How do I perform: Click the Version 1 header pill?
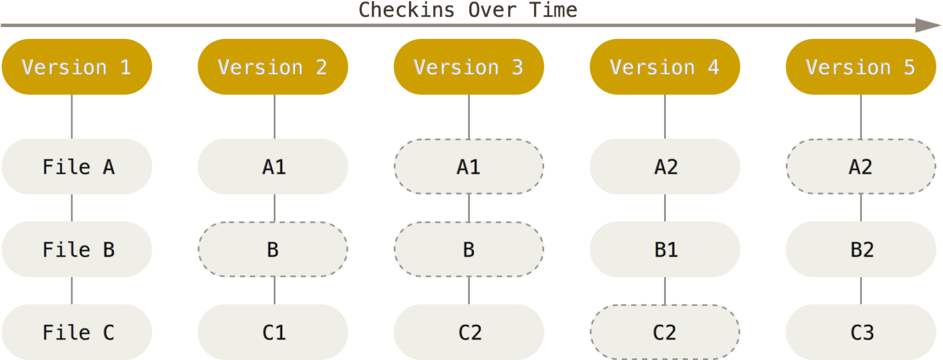pos(77,67)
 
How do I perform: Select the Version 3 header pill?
pos(469,67)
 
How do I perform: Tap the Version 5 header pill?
pos(860,67)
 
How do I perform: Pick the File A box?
pos(77,167)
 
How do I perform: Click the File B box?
pos(77,249)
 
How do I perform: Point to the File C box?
pos(77,332)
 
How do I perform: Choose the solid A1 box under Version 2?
pos(273,167)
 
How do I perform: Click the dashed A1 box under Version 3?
pos(469,167)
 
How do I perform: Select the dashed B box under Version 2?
pos(273,249)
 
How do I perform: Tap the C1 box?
pos(273,332)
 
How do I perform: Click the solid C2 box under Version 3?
pos(469,332)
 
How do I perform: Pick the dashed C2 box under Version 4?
pos(665,332)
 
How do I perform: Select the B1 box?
pos(665,249)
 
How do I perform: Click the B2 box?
pos(860,249)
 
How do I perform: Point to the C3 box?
pos(860,332)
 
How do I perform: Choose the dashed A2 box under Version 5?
pos(860,167)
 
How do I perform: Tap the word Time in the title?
pos(553,9)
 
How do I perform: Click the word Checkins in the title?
pos(407,9)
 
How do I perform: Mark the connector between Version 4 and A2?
pos(665,117)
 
